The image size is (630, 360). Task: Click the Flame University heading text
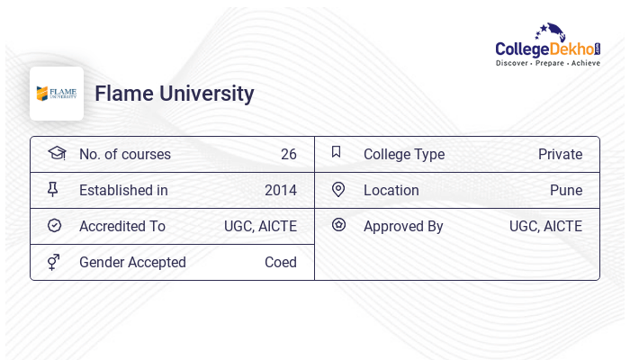tap(174, 94)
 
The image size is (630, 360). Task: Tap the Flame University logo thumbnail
tap(57, 94)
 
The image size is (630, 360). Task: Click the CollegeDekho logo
tap(548, 47)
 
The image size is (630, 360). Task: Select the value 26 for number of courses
tap(288, 154)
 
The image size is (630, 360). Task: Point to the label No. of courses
tap(124, 154)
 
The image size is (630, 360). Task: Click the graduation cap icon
tap(56, 153)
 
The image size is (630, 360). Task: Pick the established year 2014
tap(280, 190)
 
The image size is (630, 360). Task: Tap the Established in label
tap(123, 190)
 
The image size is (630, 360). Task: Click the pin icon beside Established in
tap(54, 190)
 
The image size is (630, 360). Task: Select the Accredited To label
tap(122, 226)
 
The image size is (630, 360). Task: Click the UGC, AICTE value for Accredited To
tap(260, 226)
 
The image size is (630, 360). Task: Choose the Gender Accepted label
tap(132, 262)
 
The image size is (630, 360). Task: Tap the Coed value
tap(280, 262)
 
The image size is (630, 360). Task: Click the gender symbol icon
tap(54, 262)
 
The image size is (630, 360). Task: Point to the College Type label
tap(404, 154)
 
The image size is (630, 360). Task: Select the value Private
tap(560, 154)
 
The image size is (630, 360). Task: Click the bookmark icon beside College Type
tap(337, 152)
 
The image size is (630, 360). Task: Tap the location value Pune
tap(566, 190)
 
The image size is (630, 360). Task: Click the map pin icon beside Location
tap(338, 190)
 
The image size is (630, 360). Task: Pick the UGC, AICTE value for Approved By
tap(545, 226)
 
